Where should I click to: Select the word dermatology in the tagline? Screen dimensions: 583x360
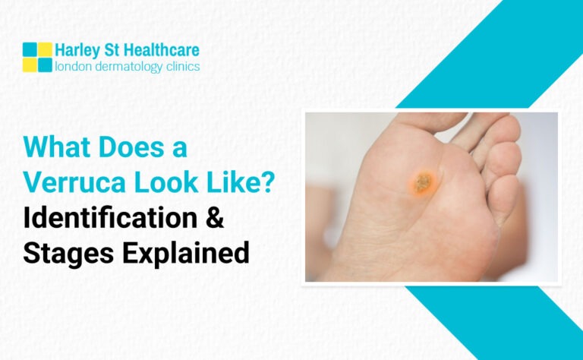click(129, 67)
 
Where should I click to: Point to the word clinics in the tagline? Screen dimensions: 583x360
click(183, 66)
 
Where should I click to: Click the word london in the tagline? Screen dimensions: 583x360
click(74, 66)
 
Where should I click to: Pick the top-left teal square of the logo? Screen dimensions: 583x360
click(30, 49)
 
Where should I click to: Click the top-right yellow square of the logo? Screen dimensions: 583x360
click(45, 49)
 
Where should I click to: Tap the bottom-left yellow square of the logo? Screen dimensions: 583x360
click(30, 65)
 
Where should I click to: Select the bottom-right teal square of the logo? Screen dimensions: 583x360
click(45, 65)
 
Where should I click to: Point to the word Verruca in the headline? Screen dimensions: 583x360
click(74, 182)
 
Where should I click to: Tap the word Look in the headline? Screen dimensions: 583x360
click(165, 182)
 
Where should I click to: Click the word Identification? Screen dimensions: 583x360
click(110, 218)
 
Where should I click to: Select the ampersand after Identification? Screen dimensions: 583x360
click(215, 218)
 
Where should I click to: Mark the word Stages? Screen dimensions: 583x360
click(68, 253)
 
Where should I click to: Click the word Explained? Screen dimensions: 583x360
click(186, 253)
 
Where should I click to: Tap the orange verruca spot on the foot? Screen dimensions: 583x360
click(424, 183)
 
